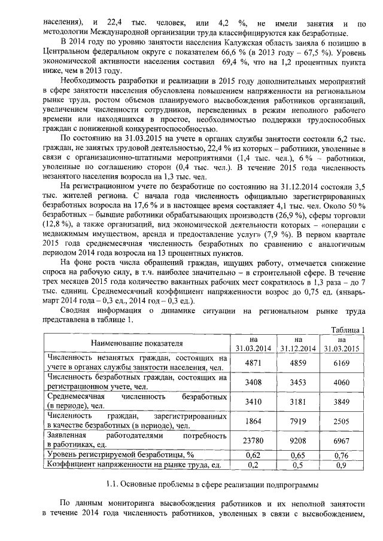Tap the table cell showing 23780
(251, 441)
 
